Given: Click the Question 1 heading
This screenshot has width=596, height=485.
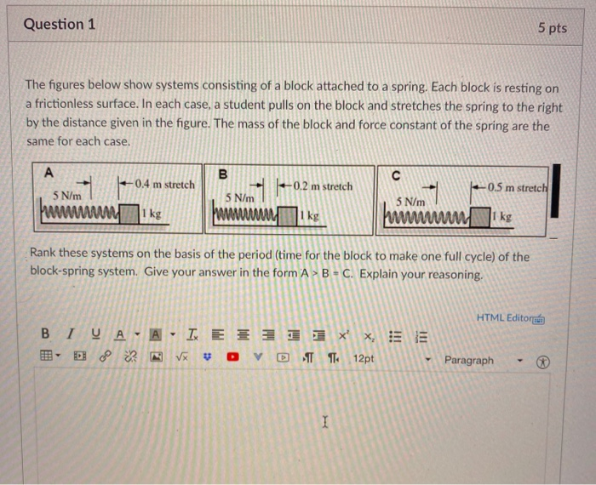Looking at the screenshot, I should pos(60,25).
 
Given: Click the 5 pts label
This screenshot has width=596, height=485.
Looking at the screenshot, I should pos(552,28).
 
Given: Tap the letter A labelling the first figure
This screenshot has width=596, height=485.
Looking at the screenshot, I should pos(49,172).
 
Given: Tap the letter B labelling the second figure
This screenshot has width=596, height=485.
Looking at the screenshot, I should pos(223,174).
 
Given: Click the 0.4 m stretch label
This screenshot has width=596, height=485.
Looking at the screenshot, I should pos(164,185).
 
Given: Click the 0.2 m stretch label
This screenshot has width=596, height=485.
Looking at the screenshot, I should pos(321,186).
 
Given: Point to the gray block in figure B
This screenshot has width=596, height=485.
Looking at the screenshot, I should pos(303,216).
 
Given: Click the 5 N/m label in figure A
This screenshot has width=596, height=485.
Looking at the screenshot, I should pos(68,196).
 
